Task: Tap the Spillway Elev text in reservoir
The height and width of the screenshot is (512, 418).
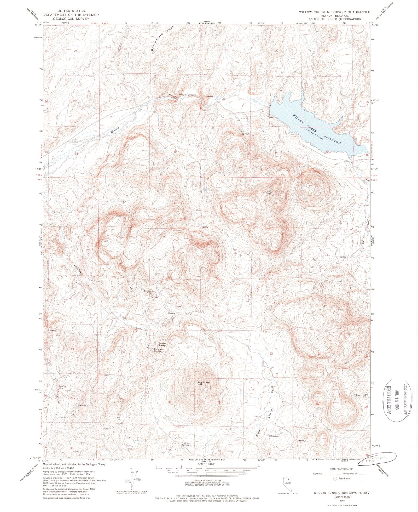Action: pos(313,136)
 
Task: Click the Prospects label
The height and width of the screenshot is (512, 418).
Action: pos(275,436)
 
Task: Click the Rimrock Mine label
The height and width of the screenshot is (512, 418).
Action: pos(148,292)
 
